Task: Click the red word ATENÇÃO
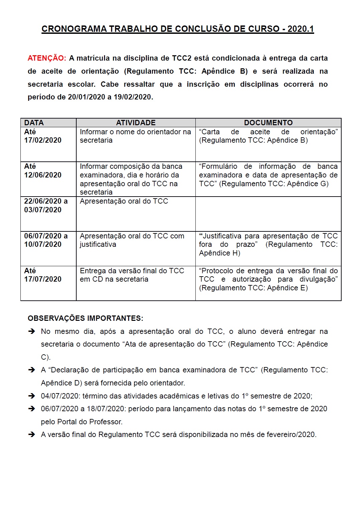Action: [x=47, y=58]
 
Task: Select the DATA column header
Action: [x=34, y=123]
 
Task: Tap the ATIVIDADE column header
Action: [x=136, y=123]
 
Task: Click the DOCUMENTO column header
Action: [x=268, y=123]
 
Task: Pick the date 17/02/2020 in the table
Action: [x=43, y=140]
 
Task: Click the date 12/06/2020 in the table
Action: [x=43, y=175]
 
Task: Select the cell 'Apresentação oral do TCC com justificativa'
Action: [x=132, y=240]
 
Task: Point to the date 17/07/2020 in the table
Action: [x=43, y=279]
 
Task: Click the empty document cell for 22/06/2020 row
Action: [x=268, y=214]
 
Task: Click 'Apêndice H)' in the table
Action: [x=219, y=253]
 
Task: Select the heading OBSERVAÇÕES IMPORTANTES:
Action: [x=85, y=318]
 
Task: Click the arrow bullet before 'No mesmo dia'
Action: [x=32, y=332]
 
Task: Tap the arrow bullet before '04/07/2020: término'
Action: [x=32, y=396]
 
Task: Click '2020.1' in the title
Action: [x=300, y=29]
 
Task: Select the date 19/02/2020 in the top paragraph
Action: [x=132, y=97]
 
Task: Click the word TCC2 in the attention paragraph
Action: [x=182, y=58]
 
